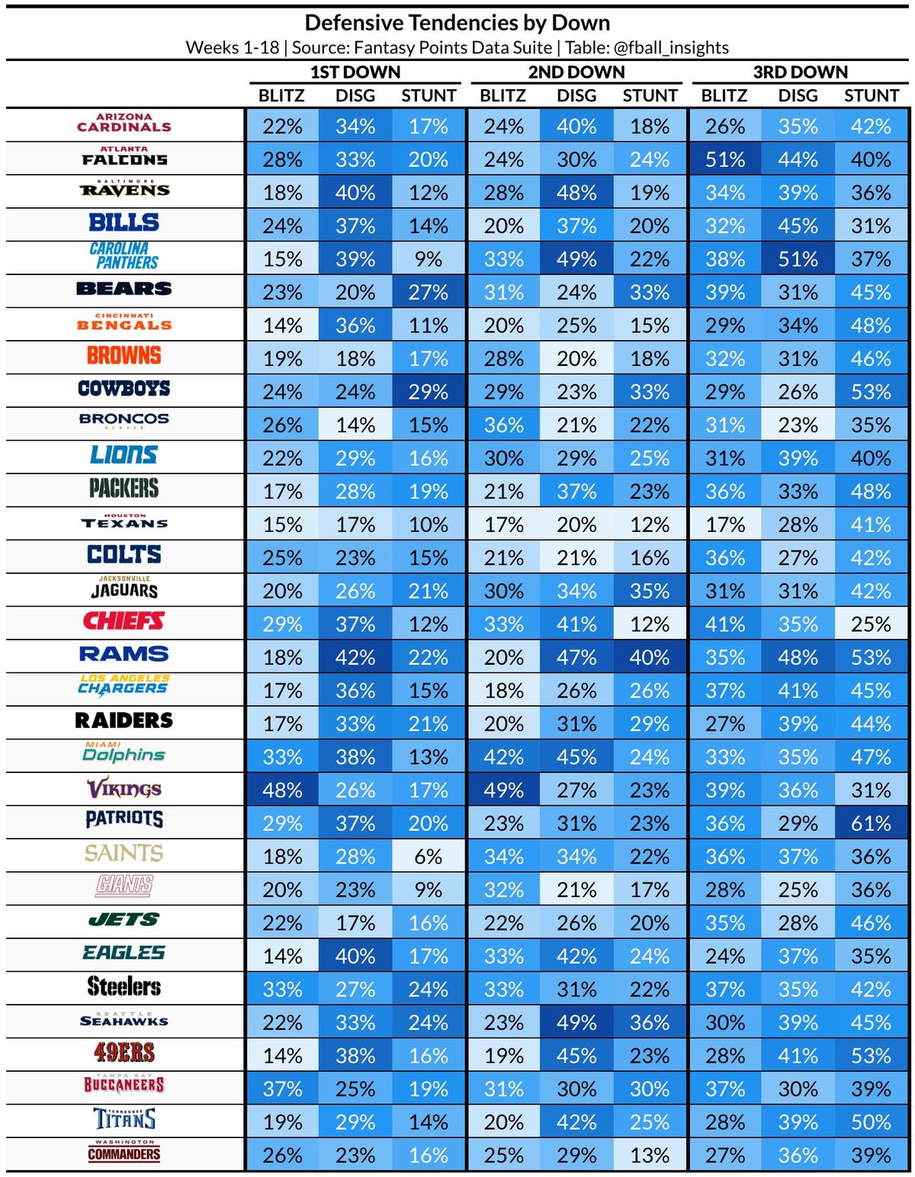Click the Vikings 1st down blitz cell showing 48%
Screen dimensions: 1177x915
click(x=282, y=790)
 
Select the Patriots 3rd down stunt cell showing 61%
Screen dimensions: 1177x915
click(x=871, y=823)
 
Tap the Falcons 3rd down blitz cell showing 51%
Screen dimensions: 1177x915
click(x=724, y=159)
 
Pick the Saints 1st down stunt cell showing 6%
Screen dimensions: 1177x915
click(x=429, y=856)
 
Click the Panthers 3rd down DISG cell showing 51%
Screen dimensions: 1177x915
click(x=798, y=259)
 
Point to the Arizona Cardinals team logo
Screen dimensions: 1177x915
click(x=124, y=123)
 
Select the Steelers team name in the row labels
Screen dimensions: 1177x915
click(x=124, y=987)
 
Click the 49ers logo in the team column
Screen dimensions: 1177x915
click(x=124, y=1054)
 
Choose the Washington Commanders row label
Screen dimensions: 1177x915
click(x=124, y=1152)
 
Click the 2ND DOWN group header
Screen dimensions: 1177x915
click(x=576, y=72)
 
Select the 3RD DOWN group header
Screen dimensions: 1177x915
click(x=800, y=72)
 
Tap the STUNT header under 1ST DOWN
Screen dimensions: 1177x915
click(x=429, y=96)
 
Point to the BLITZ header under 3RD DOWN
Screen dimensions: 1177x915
click(x=724, y=96)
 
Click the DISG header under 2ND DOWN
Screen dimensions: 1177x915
click(x=576, y=96)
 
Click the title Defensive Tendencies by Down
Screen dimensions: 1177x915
click(x=457, y=23)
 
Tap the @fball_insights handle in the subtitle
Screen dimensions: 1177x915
click(x=671, y=48)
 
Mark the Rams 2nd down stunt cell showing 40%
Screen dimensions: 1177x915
click(x=650, y=657)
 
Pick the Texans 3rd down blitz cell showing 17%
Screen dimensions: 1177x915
click(x=724, y=524)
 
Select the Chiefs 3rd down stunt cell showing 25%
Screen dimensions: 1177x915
click(x=871, y=624)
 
